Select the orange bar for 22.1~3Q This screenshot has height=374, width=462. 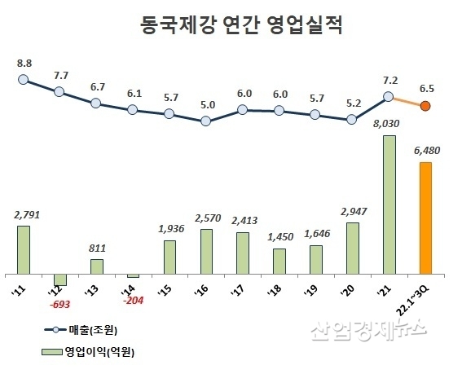pyautogui.click(x=425, y=218)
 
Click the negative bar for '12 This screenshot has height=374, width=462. pyautogui.click(x=59, y=279)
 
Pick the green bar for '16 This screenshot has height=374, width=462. pyautogui.click(x=205, y=251)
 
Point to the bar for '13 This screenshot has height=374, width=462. pyautogui.click(x=96, y=266)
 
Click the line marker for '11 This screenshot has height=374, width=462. pyautogui.click(x=23, y=80)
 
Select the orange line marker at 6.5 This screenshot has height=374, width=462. pyautogui.click(x=425, y=106)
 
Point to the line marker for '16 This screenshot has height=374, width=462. pyautogui.click(x=205, y=121)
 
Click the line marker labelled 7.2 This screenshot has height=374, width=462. pyautogui.click(x=389, y=97)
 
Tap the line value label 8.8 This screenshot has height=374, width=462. pyautogui.click(x=23, y=62)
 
